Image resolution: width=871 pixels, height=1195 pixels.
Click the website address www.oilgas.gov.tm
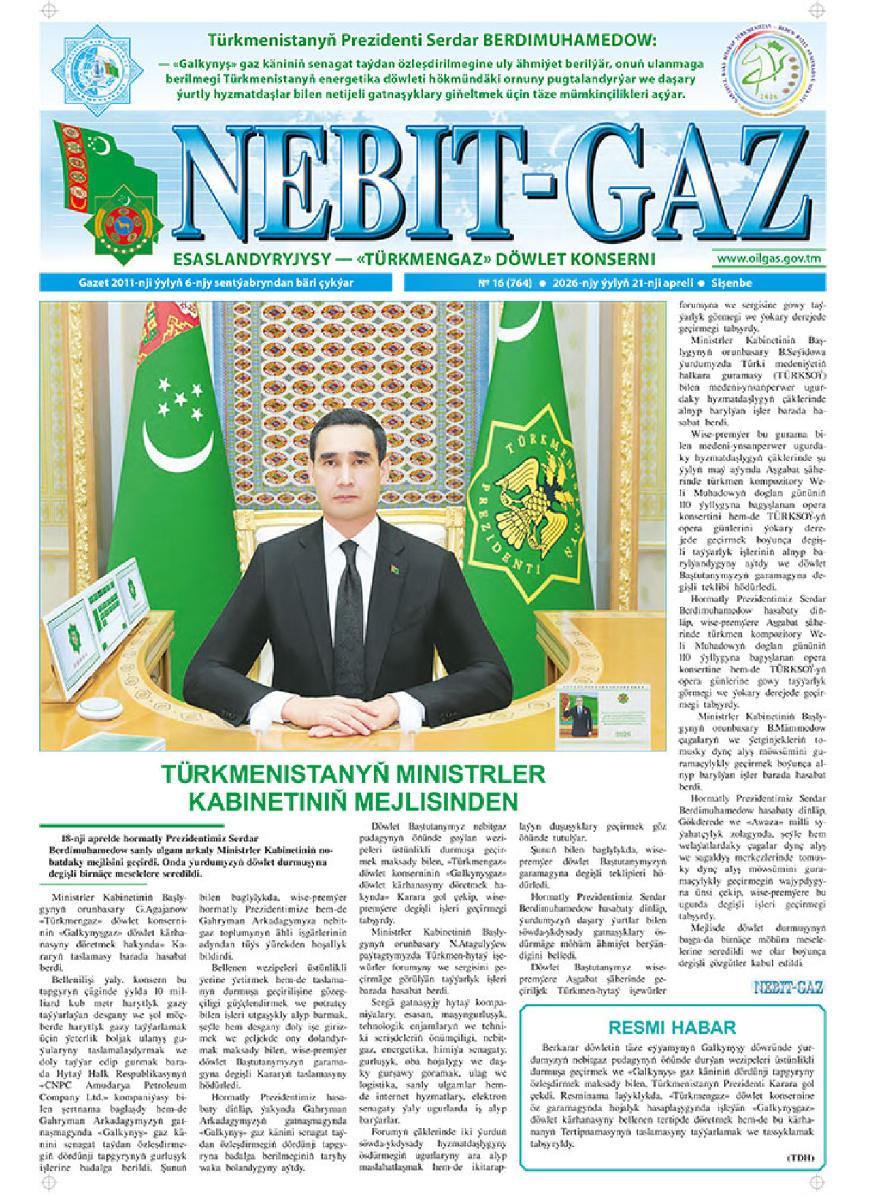tap(768, 258)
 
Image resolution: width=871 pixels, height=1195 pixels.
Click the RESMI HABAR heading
tap(672, 1027)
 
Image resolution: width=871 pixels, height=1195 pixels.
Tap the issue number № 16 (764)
tap(505, 283)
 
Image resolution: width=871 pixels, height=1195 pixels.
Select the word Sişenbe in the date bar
tap(732, 283)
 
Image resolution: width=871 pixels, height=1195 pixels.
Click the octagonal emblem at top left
tap(95, 69)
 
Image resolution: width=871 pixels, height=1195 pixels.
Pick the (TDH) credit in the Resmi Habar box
tap(800, 1158)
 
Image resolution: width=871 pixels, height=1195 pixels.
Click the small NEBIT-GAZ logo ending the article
tap(788, 987)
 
